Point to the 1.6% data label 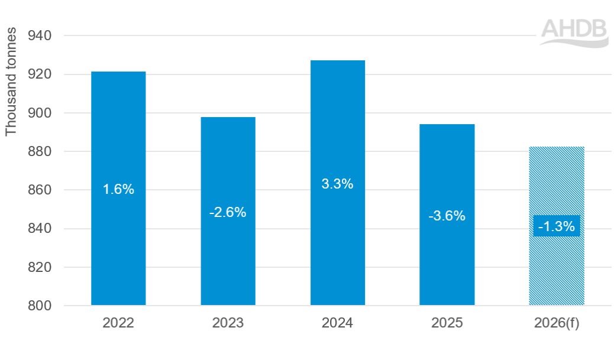coord(118,190)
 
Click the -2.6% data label coord(228,212)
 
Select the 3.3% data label coord(338,184)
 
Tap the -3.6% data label coord(447,216)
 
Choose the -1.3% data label coord(557,226)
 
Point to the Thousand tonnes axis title coord(12,82)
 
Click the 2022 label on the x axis coord(118,323)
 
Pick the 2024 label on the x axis coord(338,323)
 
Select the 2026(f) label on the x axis coord(557,323)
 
